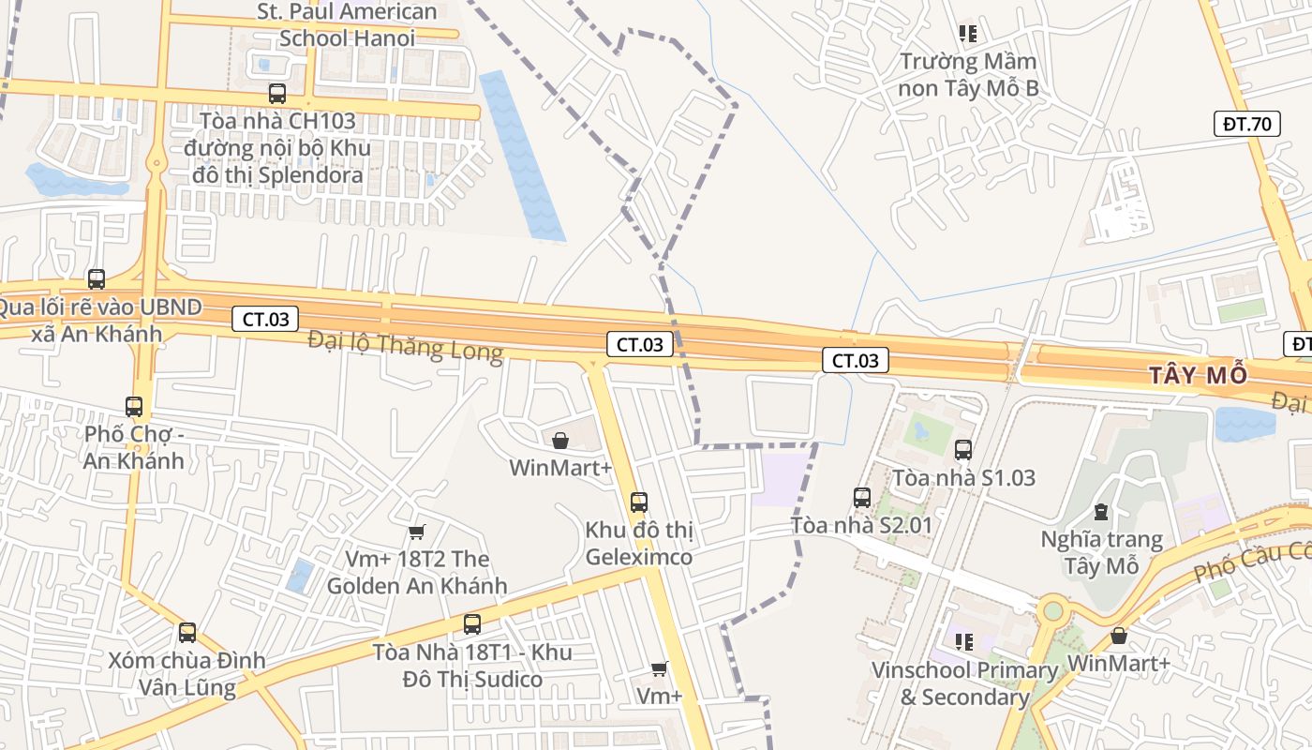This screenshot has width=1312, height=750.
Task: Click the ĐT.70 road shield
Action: coord(1246,123)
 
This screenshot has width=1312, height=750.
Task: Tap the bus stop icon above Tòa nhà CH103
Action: coord(276,94)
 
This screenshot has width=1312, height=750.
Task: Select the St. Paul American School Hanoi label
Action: coord(347,25)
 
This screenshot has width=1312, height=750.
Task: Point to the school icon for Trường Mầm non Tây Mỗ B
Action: coord(968,34)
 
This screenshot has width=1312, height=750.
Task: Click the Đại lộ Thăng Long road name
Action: coord(405,346)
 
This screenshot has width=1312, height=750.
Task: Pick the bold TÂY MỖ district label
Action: coord(1200,376)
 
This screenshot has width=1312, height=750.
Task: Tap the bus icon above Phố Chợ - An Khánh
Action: coord(134,406)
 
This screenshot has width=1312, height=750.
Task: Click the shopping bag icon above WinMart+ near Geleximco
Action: coord(560,440)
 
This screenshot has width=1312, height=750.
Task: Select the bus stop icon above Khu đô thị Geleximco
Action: coord(639,502)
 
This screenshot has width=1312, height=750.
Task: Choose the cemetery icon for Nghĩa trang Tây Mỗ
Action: coord(1101,512)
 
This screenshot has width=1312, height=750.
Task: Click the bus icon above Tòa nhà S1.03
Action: coord(963,450)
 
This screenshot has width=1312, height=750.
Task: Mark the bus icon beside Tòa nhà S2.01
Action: coord(862,497)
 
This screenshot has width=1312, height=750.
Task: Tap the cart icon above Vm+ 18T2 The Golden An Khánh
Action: coord(417,532)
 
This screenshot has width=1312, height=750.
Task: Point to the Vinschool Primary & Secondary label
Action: coord(964,683)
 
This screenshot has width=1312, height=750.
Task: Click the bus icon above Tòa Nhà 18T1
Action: coord(472,623)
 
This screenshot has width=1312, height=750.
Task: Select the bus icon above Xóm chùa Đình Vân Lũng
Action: coord(187,632)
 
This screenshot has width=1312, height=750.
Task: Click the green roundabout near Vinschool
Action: coord(1053,611)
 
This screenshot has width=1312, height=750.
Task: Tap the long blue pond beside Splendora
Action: coord(521,155)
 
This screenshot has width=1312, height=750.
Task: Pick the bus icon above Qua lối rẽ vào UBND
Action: coord(97,278)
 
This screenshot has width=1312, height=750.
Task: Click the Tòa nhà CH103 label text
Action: coord(277,121)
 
